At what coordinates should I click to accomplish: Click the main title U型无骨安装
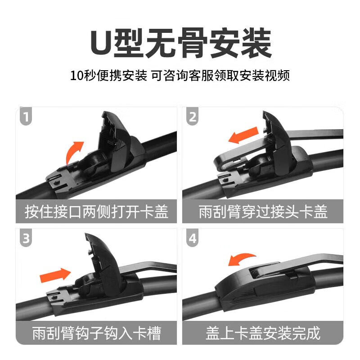click(180, 43)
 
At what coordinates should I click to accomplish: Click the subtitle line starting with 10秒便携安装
click(180, 75)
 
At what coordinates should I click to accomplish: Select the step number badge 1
click(27, 117)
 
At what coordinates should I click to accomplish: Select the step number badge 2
click(193, 117)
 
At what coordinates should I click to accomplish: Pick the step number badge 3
click(27, 239)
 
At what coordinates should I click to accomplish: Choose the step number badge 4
click(193, 239)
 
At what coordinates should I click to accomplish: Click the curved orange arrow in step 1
click(74, 152)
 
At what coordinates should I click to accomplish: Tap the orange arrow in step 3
click(55, 274)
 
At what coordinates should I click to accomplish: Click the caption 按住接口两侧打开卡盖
click(96, 211)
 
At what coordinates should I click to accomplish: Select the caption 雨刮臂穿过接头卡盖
click(263, 211)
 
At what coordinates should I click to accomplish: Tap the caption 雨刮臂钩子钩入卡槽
click(96, 333)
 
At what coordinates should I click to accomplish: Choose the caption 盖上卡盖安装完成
click(263, 333)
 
